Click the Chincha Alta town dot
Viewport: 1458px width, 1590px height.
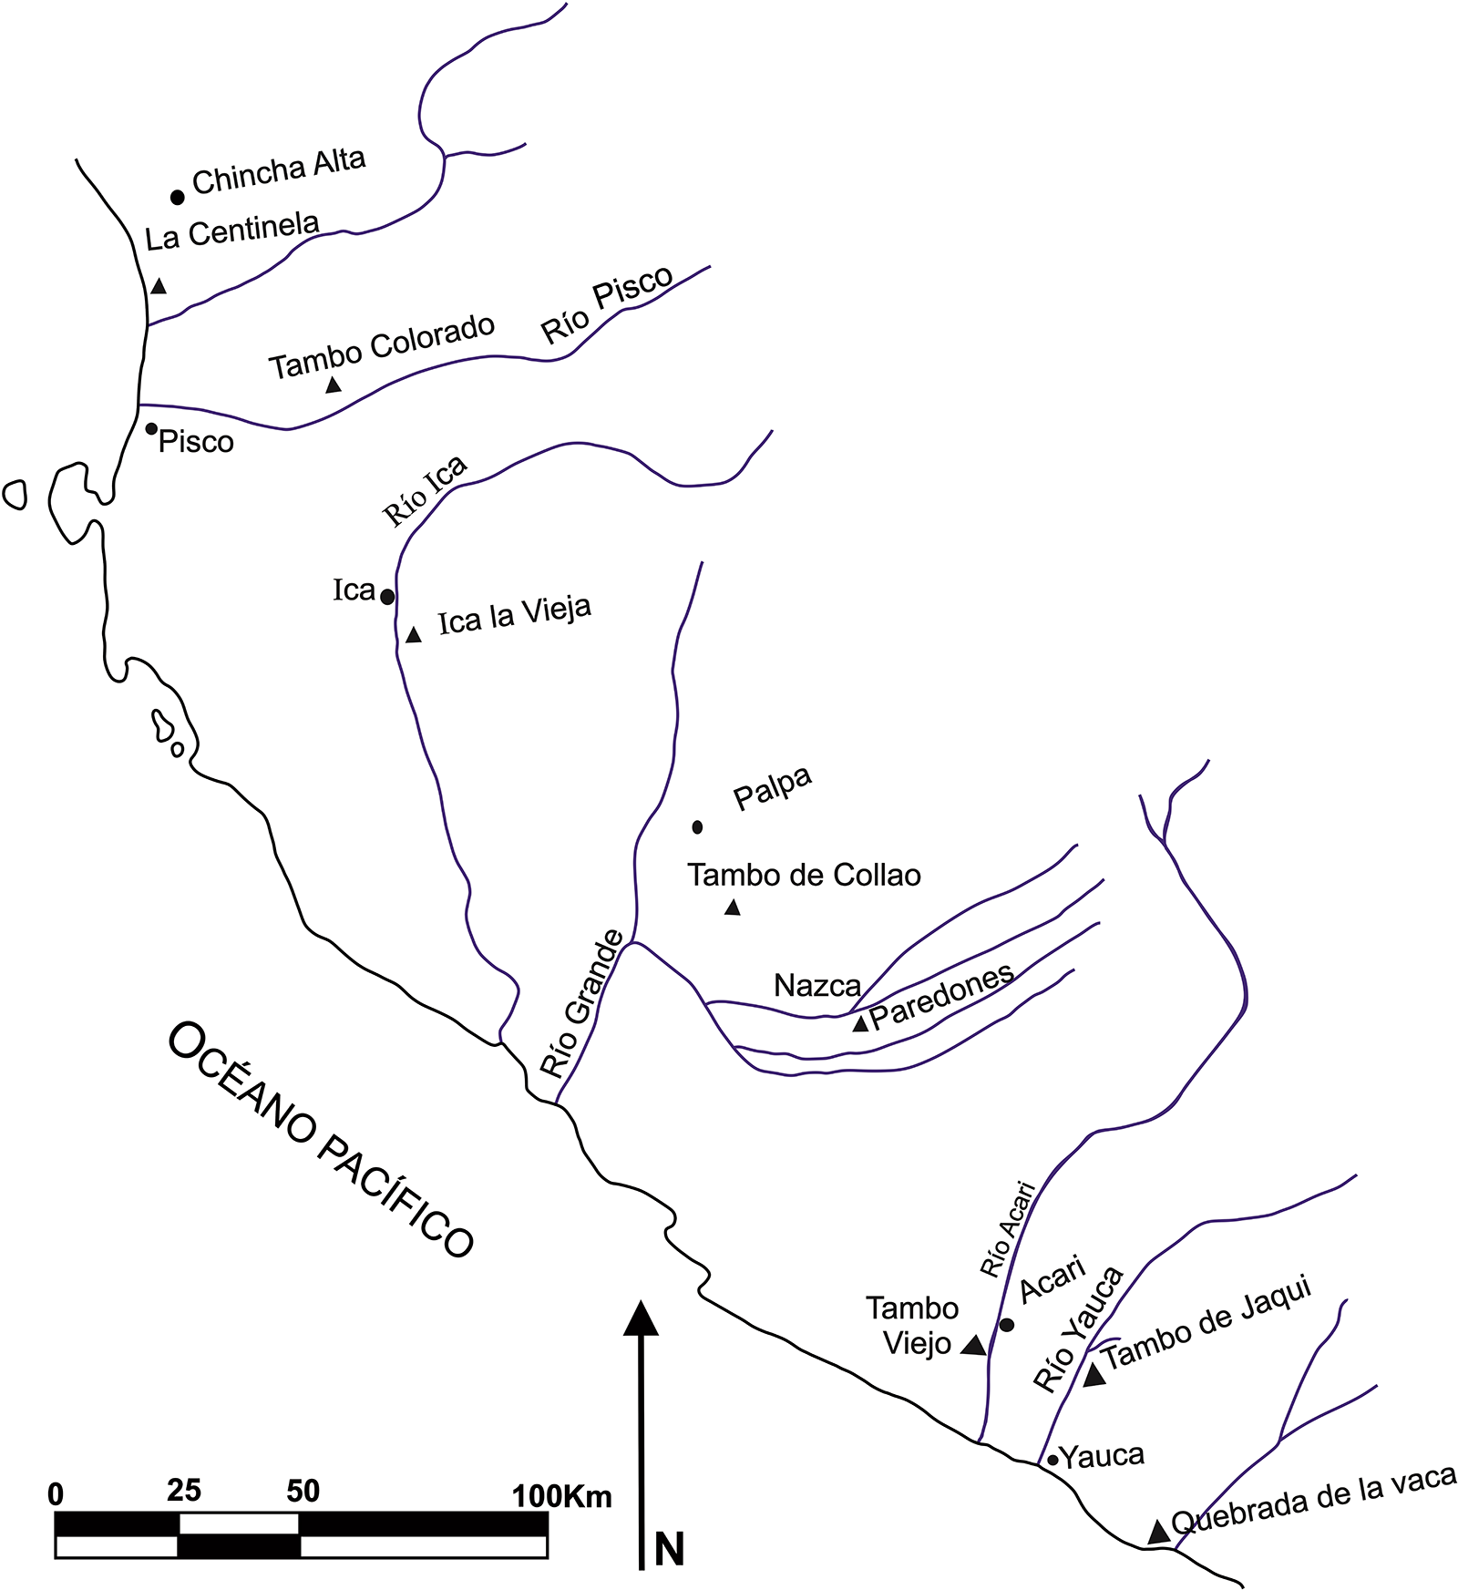click(178, 197)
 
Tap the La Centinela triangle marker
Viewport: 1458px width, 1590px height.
click(159, 285)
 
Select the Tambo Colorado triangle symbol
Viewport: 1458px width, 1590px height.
click(334, 384)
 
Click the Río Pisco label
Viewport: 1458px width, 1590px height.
click(607, 304)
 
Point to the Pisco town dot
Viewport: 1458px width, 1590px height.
click(151, 428)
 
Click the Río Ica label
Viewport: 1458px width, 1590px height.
click(425, 490)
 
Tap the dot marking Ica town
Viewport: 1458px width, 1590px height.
click(387, 597)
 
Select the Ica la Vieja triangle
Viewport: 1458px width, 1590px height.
click(413, 634)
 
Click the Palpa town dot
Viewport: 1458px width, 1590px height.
click(697, 827)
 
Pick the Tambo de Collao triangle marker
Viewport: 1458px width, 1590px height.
click(732, 907)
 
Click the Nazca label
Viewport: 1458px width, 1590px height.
click(817, 985)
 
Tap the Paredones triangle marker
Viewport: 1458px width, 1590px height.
click(859, 1023)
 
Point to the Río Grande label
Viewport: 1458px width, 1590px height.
click(582, 1003)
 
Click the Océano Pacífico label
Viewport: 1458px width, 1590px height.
click(321, 1140)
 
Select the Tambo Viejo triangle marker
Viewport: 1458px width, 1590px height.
click(973, 1345)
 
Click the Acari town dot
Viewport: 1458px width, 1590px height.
click(1007, 1324)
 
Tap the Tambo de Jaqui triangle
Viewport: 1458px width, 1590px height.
click(1094, 1376)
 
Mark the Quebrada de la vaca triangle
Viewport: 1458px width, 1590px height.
click(1158, 1531)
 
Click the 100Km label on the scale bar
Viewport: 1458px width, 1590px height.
click(561, 1497)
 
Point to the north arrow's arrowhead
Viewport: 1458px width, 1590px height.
click(641, 1318)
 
